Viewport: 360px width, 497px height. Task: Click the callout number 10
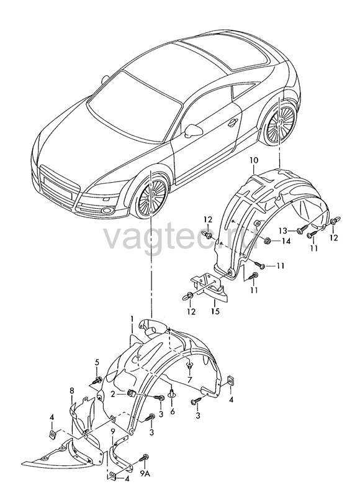pos(254,161)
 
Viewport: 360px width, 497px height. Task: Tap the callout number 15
pos(215,311)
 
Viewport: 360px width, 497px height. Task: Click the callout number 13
pos(284,230)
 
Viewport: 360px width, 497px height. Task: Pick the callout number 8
pos(72,391)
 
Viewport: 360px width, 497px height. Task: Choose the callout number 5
pos(97,362)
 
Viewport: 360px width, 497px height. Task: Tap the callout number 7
pos(190,380)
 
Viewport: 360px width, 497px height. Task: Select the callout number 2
pos(113,394)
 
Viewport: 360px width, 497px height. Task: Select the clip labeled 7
pos(189,365)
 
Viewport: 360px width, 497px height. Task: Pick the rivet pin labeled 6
pos(172,393)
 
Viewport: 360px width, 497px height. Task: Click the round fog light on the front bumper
pos(106,211)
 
